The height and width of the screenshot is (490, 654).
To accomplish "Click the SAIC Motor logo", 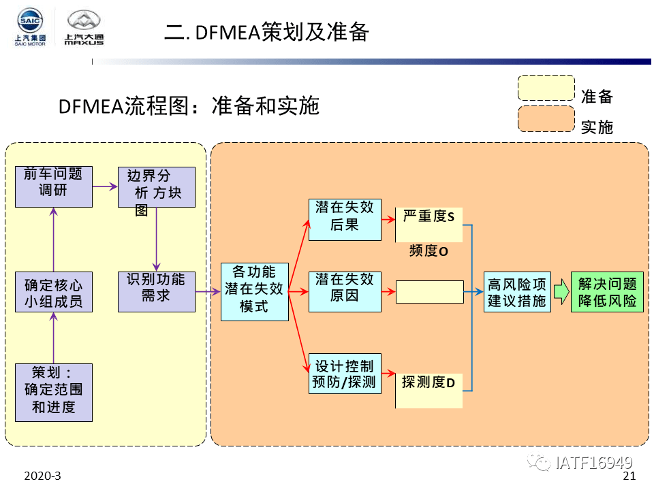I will [x=30, y=27].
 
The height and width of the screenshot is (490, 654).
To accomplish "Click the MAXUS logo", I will [x=84, y=28].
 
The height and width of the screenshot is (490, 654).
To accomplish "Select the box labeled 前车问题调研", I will [x=53, y=186].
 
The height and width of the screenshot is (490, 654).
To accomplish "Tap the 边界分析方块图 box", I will [x=156, y=187].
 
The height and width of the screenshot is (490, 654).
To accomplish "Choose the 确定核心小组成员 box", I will [x=53, y=292].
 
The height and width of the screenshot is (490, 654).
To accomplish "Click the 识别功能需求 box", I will [x=156, y=292].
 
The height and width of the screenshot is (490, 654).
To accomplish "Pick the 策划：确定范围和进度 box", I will [x=53, y=392].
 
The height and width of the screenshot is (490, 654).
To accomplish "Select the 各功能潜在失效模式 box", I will [x=254, y=292].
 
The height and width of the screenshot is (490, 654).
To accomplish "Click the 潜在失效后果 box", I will [x=345, y=219].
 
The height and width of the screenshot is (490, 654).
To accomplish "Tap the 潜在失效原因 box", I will [x=345, y=291].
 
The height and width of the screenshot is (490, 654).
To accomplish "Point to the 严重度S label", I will [x=429, y=217].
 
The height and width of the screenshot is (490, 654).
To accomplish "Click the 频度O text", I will [x=429, y=251].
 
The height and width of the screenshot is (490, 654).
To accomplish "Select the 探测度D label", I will [x=429, y=382].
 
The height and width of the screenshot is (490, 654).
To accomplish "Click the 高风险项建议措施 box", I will [x=516, y=292].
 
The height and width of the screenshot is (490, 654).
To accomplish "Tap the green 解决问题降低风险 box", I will [x=606, y=292].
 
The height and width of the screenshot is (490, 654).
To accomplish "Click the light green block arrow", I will [x=560, y=292].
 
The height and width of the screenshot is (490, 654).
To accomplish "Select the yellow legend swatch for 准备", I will [x=546, y=88].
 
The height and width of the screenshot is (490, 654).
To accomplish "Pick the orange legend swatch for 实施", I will [x=546, y=118].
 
